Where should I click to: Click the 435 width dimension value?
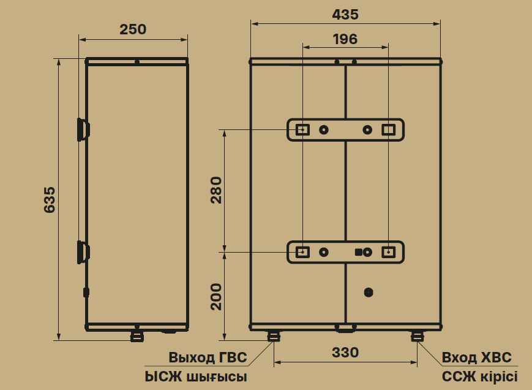coord(345,15)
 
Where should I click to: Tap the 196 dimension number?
coord(345,39)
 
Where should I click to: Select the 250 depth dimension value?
coord(133,29)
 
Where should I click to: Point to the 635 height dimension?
coord(50,199)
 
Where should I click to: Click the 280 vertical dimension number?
coord(216,190)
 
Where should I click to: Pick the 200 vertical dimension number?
coord(216,297)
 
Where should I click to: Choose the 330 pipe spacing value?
coord(345,353)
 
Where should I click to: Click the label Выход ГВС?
coord(208,357)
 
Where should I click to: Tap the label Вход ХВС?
coord(476,357)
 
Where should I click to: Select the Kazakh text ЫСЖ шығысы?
coord(196,377)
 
